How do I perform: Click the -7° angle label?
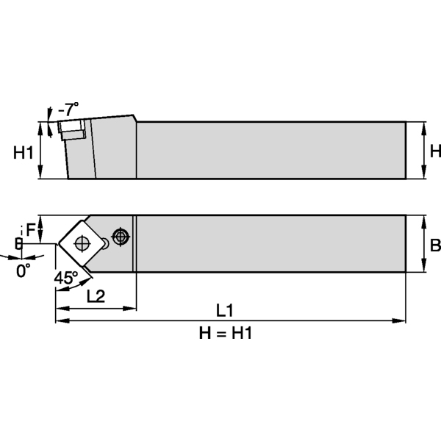pyautogui.click(x=68, y=110)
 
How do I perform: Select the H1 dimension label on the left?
pyautogui.click(x=24, y=152)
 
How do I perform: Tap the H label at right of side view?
pyautogui.click(x=434, y=151)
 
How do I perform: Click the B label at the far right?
pyautogui.click(x=434, y=245)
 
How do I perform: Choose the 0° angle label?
pyautogui.click(x=24, y=270)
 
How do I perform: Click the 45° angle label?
pyautogui.click(x=65, y=278)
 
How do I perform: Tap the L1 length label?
pyautogui.click(x=225, y=309)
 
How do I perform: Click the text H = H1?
pyautogui.click(x=226, y=333)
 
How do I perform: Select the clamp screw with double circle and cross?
pyautogui.click(x=121, y=236)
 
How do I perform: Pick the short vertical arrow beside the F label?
pyautogui.click(x=41, y=229)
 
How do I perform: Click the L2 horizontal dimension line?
pyautogui.click(x=96, y=307)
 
